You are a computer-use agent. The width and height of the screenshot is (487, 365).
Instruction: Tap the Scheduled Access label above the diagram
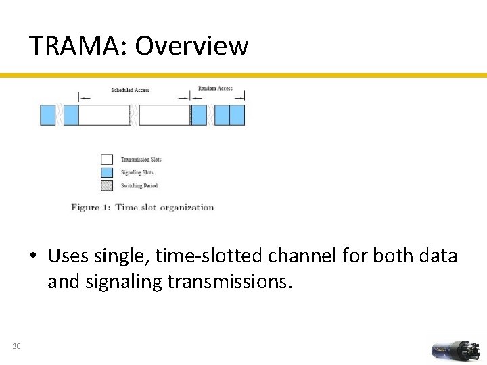pyautogui.click(x=130, y=90)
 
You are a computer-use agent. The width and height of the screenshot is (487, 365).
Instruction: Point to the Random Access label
pyautogui.click(x=215, y=89)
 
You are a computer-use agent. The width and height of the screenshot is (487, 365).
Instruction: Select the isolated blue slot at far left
pyautogui.click(x=47, y=115)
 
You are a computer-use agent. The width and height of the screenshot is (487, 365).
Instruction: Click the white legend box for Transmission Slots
pyautogui.click(x=106, y=160)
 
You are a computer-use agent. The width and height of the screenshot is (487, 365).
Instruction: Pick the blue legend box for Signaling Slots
pyautogui.click(x=106, y=172)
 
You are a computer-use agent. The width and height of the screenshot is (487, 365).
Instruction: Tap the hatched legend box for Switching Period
pyautogui.click(x=106, y=185)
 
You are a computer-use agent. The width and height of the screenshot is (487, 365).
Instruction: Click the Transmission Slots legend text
pyautogui.click(x=141, y=160)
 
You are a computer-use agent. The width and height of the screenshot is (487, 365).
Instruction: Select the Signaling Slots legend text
pyautogui.click(x=137, y=172)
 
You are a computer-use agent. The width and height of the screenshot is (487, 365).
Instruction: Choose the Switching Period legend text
pyautogui.click(x=139, y=185)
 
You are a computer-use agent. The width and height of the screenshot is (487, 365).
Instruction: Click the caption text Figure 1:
pyautogui.click(x=91, y=208)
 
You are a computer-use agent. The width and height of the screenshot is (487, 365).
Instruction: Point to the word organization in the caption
pyautogui.click(x=187, y=208)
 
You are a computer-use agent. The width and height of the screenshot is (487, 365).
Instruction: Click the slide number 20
pyautogui.click(x=16, y=347)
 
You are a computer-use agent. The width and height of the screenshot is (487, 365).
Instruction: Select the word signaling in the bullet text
pyautogui.click(x=124, y=282)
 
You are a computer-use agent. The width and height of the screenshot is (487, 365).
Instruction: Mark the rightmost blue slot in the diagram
pyautogui.click(x=237, y=115)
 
